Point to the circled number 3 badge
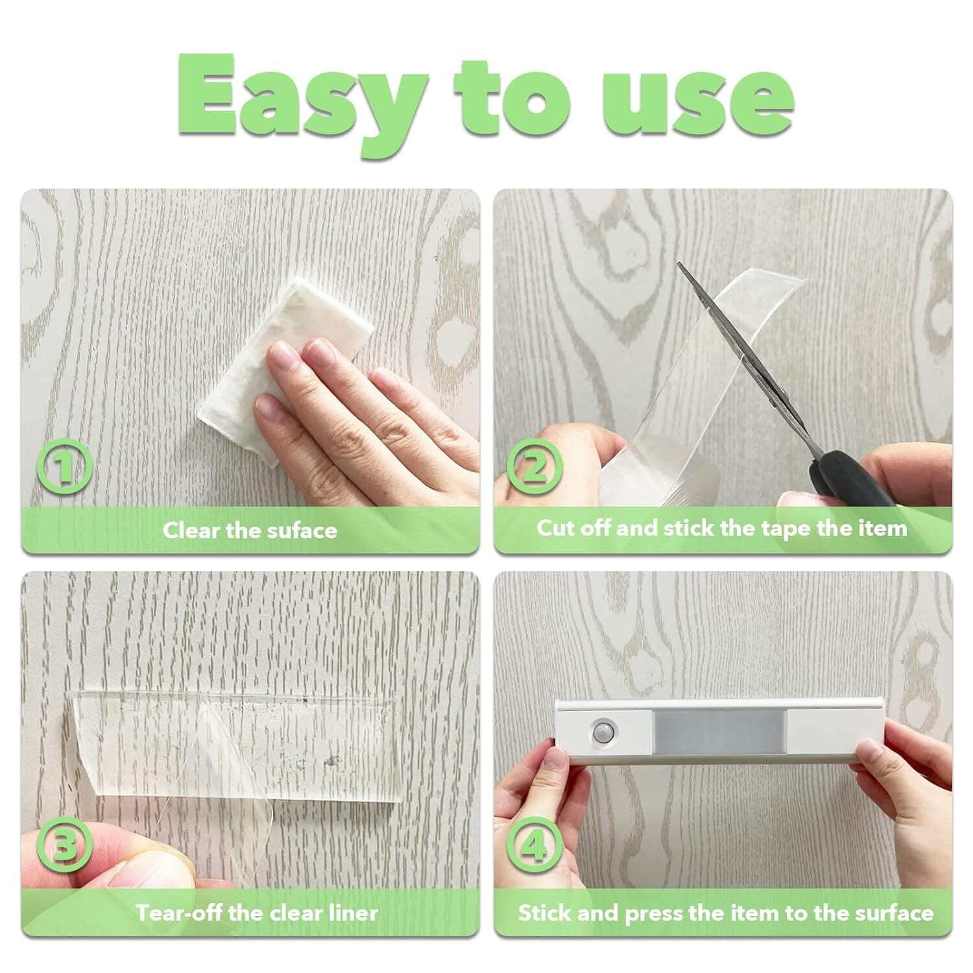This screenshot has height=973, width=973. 63,847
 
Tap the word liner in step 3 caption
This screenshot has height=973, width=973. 351,913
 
